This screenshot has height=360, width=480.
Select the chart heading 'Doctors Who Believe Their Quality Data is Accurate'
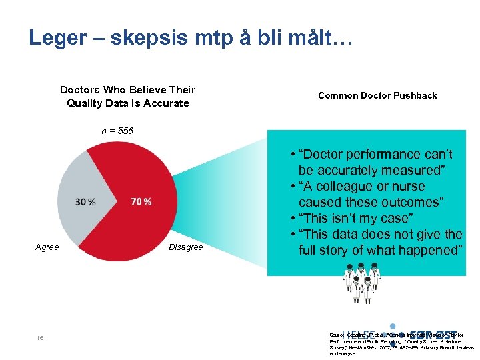127,97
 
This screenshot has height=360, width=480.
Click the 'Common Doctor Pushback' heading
377,95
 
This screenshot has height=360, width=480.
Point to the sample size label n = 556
117,131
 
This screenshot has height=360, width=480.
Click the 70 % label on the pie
141,202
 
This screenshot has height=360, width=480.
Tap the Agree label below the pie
47,247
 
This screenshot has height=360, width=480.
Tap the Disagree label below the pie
186,247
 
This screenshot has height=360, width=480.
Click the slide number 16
41,339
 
